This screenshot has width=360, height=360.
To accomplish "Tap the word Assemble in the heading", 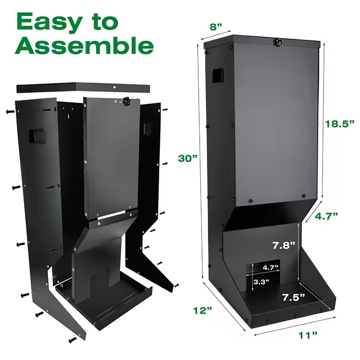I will click(85, 47).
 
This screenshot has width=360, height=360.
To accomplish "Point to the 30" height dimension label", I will click(187, 158).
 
